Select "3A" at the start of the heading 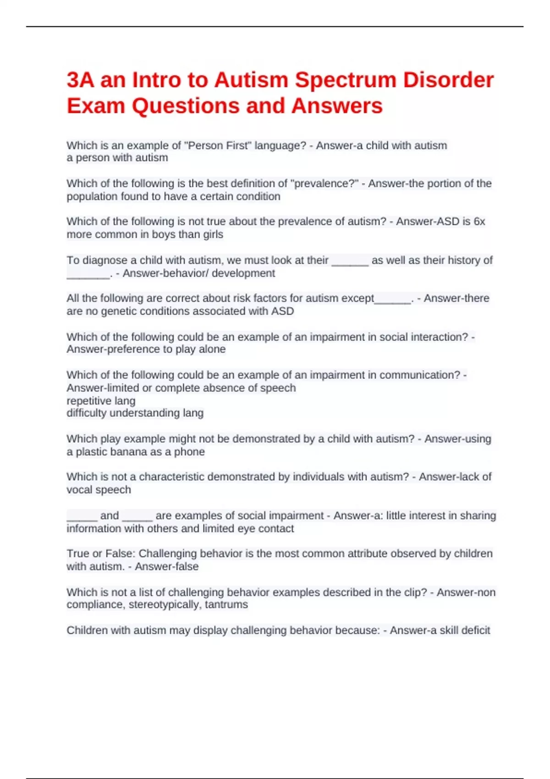pos(80,80)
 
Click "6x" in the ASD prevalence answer pos(479,222)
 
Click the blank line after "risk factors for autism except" pos(393,299)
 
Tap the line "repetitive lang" pos(101,401)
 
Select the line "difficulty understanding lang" pos(135,413)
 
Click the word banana pos(144,452)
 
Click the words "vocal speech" pos(99,490)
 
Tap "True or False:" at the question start pos(101,554)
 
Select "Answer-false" pos(167,567)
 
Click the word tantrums pos(226,605)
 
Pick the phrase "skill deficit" pos(465,631)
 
